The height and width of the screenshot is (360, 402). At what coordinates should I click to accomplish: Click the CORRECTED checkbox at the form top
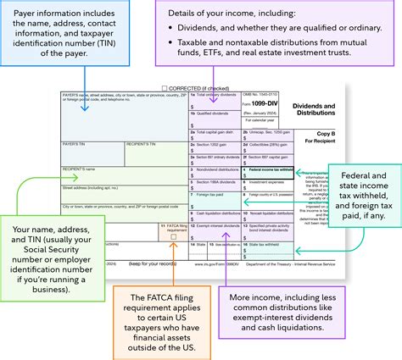click(x=165, y=87)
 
